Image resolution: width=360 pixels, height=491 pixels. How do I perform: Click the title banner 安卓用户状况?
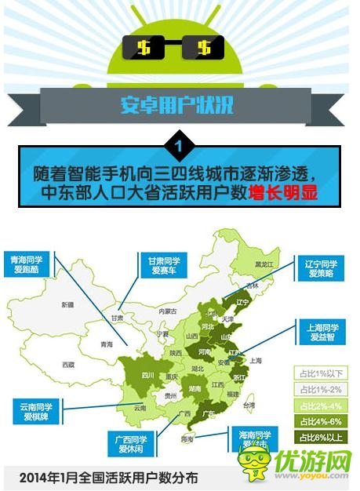(x=176, y=104)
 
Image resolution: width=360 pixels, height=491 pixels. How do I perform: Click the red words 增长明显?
(x=282, y=192)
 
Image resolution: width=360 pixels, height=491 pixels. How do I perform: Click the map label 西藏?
(x=68, y=365)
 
